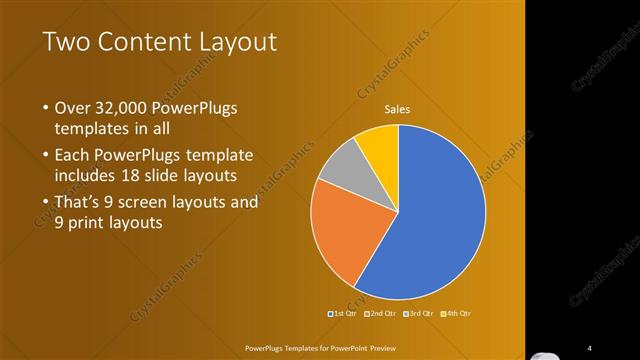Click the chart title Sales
399,110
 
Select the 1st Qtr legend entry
343,313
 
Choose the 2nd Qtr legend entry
379,313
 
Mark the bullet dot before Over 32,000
45,109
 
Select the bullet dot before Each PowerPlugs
45,156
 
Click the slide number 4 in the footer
590,348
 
